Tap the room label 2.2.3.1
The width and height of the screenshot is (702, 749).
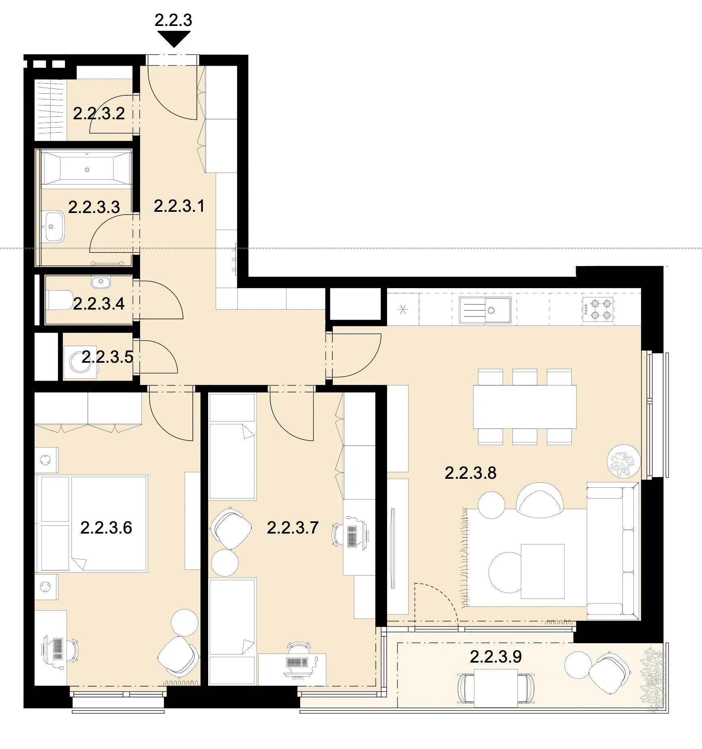[x=179, y=206]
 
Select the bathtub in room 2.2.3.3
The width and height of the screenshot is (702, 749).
[x=87, y=169]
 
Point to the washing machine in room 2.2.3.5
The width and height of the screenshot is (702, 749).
[x=80, y=362]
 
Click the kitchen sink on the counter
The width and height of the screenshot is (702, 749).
[x=485, y=310]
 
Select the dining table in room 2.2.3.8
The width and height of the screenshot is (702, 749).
[x=525, y=407]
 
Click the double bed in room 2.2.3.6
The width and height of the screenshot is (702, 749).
[x=92, y=523]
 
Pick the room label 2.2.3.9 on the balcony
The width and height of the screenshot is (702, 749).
[x=495, y=656]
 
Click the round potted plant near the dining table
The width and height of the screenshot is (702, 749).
[x=624, y=461]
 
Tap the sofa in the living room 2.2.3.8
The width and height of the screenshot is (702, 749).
[x=612, y=551]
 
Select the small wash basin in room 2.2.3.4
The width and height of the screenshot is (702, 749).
[x=101, y=282]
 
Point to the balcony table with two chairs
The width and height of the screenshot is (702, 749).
[x=495, y=688]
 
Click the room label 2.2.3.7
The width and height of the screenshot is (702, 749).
[x=293, y=527]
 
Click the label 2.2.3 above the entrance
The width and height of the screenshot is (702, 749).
[x=173, y=20]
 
